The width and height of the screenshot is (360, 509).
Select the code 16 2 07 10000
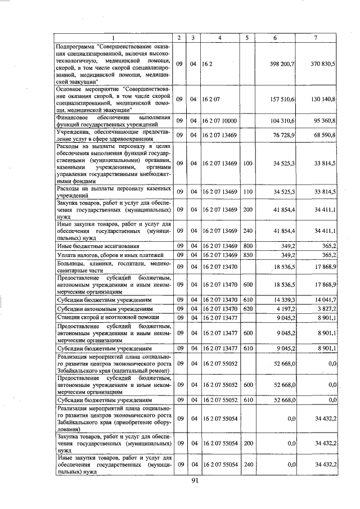pyautogui.click(x=220, y=121)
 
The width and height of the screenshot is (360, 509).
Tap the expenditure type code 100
pyautogui.click(x=247, y=164)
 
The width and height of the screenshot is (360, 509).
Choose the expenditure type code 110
pyautogui.click(x=247, y=192)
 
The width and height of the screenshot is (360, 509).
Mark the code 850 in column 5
pyautogui.click(x=247, y=255)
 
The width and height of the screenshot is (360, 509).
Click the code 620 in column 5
pyautogui.click(x=247, y=308)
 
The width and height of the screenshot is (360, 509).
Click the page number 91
pyautogui.click(x=195, y=481)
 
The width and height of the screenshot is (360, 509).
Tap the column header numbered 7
pyautogui.click(x=316, y=38)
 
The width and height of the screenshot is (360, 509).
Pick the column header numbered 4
pyautogui.click(x=220, y=38)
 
